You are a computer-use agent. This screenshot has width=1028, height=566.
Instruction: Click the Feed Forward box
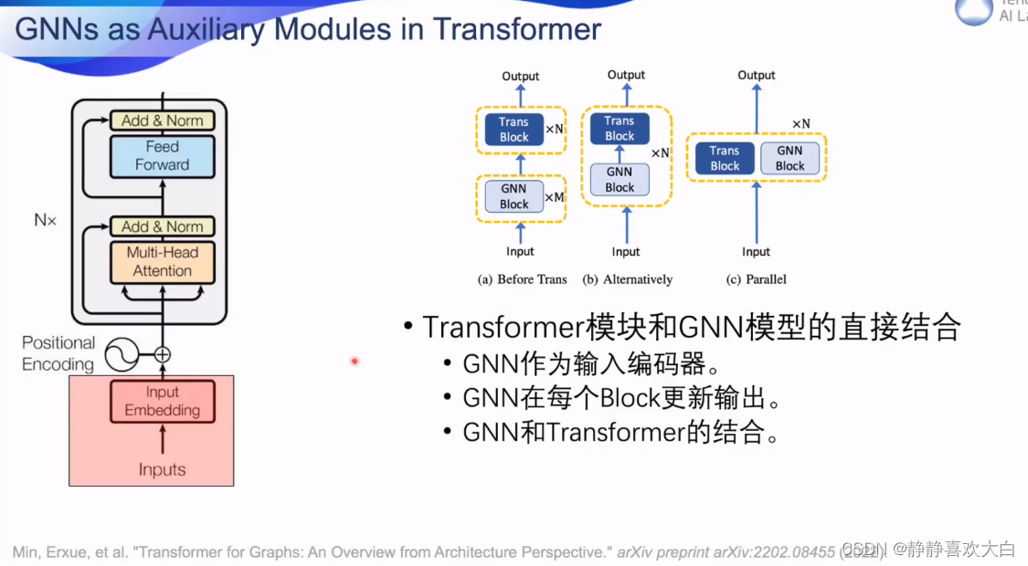[162, 156]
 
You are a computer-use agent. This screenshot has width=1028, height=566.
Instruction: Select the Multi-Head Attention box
[162, 262]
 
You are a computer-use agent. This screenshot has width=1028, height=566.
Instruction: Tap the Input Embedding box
[162, 402]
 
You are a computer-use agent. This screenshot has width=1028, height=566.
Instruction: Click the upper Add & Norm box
[162, 121]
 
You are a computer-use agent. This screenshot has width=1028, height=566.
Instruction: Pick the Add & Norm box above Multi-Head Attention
[162, 226]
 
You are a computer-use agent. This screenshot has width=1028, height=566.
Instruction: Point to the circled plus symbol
[163, 354]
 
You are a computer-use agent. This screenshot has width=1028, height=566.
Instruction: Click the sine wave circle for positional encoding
[122, 353]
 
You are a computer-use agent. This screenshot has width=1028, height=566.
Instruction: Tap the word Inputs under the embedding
[162, 470]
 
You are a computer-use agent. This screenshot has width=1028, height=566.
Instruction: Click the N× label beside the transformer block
[46, 220]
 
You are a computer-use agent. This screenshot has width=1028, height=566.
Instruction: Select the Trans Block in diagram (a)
[514, 130]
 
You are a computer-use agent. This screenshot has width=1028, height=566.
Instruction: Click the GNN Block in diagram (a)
[514, 196]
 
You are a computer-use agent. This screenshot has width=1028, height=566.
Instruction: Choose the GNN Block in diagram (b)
[619, 180]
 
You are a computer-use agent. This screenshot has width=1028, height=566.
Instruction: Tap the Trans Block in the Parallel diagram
[725, 159]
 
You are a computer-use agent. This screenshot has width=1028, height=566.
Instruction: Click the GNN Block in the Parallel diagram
[790, 159]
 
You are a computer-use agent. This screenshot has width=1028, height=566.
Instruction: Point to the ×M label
[555, 197]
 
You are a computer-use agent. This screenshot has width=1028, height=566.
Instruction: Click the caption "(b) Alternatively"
[627, 279]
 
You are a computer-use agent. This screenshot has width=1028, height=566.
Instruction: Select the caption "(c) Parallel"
[756, 279]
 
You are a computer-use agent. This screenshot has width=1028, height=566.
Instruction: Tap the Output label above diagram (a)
[521, 77]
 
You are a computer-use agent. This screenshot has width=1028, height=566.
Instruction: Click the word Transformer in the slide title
[517, 29]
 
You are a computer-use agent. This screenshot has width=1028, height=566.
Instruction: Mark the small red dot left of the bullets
[355, 362]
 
